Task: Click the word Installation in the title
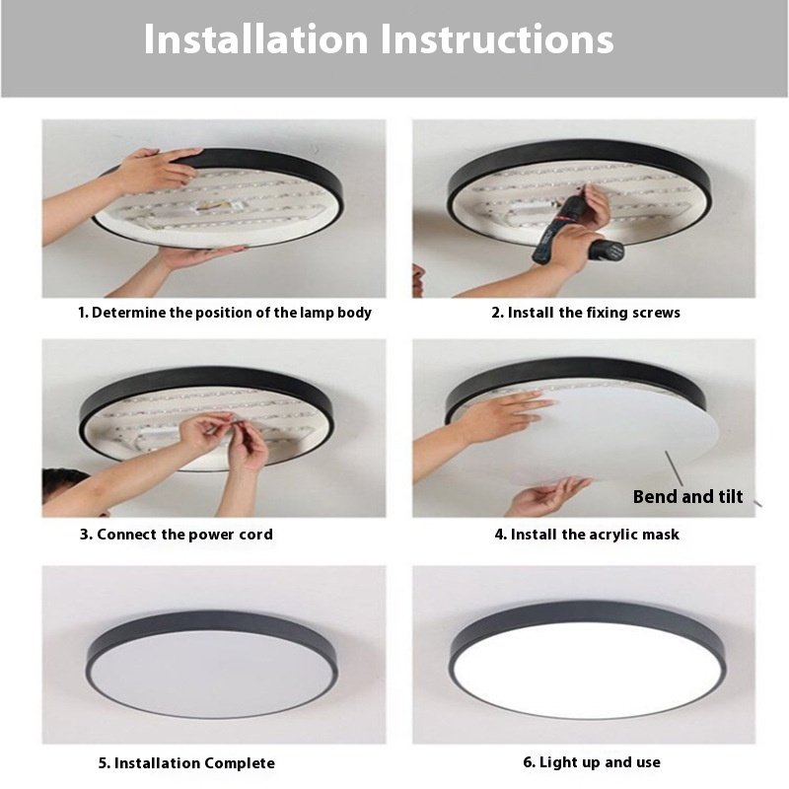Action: [256, 38]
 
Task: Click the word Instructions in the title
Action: [497, 38]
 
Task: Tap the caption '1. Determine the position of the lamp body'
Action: [225, 313]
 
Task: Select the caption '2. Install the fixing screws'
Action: [586, 313]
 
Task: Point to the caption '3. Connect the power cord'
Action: [177, 534]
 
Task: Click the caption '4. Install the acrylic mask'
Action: [587, 535]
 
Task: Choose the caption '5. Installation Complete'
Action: [186, 762]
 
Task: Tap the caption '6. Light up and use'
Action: [592, 762]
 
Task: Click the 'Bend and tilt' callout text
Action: [687, 497]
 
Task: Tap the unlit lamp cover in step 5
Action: [212, 673]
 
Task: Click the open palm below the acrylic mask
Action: [548, 496]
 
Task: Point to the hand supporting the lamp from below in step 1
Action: [201, 256]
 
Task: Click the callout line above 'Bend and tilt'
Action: [674, 468]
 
